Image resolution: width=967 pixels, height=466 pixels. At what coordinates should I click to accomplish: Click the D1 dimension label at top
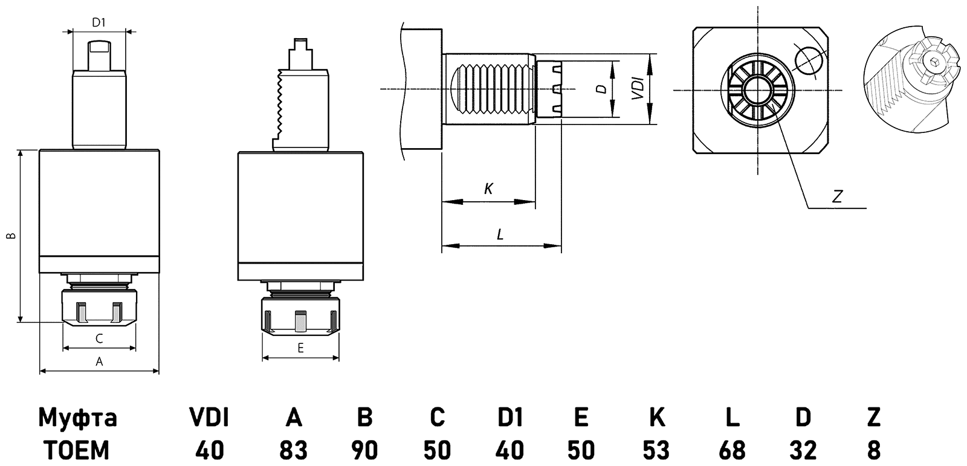click(x=99, y=23)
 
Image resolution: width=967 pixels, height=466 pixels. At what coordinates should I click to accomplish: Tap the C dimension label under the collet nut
click(x=99, y=339)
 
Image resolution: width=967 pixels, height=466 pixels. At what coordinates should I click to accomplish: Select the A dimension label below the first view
click(x=100, y=362)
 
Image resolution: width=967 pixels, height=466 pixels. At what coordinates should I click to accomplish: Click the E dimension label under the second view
click(x=300, y=348)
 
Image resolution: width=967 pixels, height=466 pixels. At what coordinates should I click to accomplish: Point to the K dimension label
click(x=488, y=189)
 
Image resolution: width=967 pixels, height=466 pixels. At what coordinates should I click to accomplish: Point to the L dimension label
click(x=500, y=235)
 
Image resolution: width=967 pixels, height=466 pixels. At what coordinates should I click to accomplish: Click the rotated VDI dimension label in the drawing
click(x=636, y=89)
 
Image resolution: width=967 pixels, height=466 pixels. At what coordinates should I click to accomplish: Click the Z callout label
click(x=837, y=196)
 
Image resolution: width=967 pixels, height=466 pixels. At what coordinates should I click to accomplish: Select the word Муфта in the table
click(x=77, y=418)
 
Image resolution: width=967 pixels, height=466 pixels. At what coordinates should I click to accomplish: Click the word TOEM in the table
click(x=77, y=450)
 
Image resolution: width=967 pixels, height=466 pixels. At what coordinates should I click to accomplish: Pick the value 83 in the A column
click(x=293, y=450)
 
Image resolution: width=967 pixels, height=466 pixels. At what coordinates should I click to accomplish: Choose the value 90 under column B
click(x=364, y=450)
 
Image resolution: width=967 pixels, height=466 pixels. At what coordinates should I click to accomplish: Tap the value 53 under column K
click(x=656, y=450)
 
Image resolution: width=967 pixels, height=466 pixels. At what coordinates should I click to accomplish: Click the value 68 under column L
click(x=732, y=450)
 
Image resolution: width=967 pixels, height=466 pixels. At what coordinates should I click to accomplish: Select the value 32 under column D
click(x=803, y=450)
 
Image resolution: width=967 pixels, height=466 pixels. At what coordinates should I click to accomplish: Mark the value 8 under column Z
click(x=873, y=450)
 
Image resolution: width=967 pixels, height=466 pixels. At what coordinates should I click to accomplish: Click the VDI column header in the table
click(x=210, y=418)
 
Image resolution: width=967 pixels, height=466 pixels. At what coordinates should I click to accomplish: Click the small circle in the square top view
click(x=809, y=59)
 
